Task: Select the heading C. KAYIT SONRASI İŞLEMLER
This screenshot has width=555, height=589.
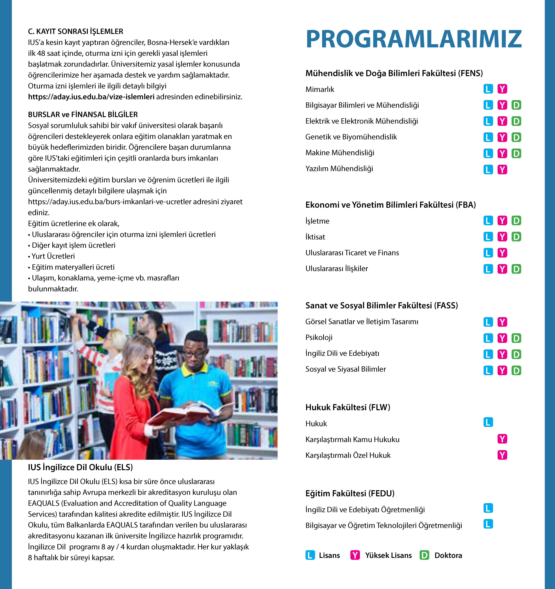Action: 75,31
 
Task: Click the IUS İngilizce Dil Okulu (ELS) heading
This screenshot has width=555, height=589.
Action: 80,467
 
